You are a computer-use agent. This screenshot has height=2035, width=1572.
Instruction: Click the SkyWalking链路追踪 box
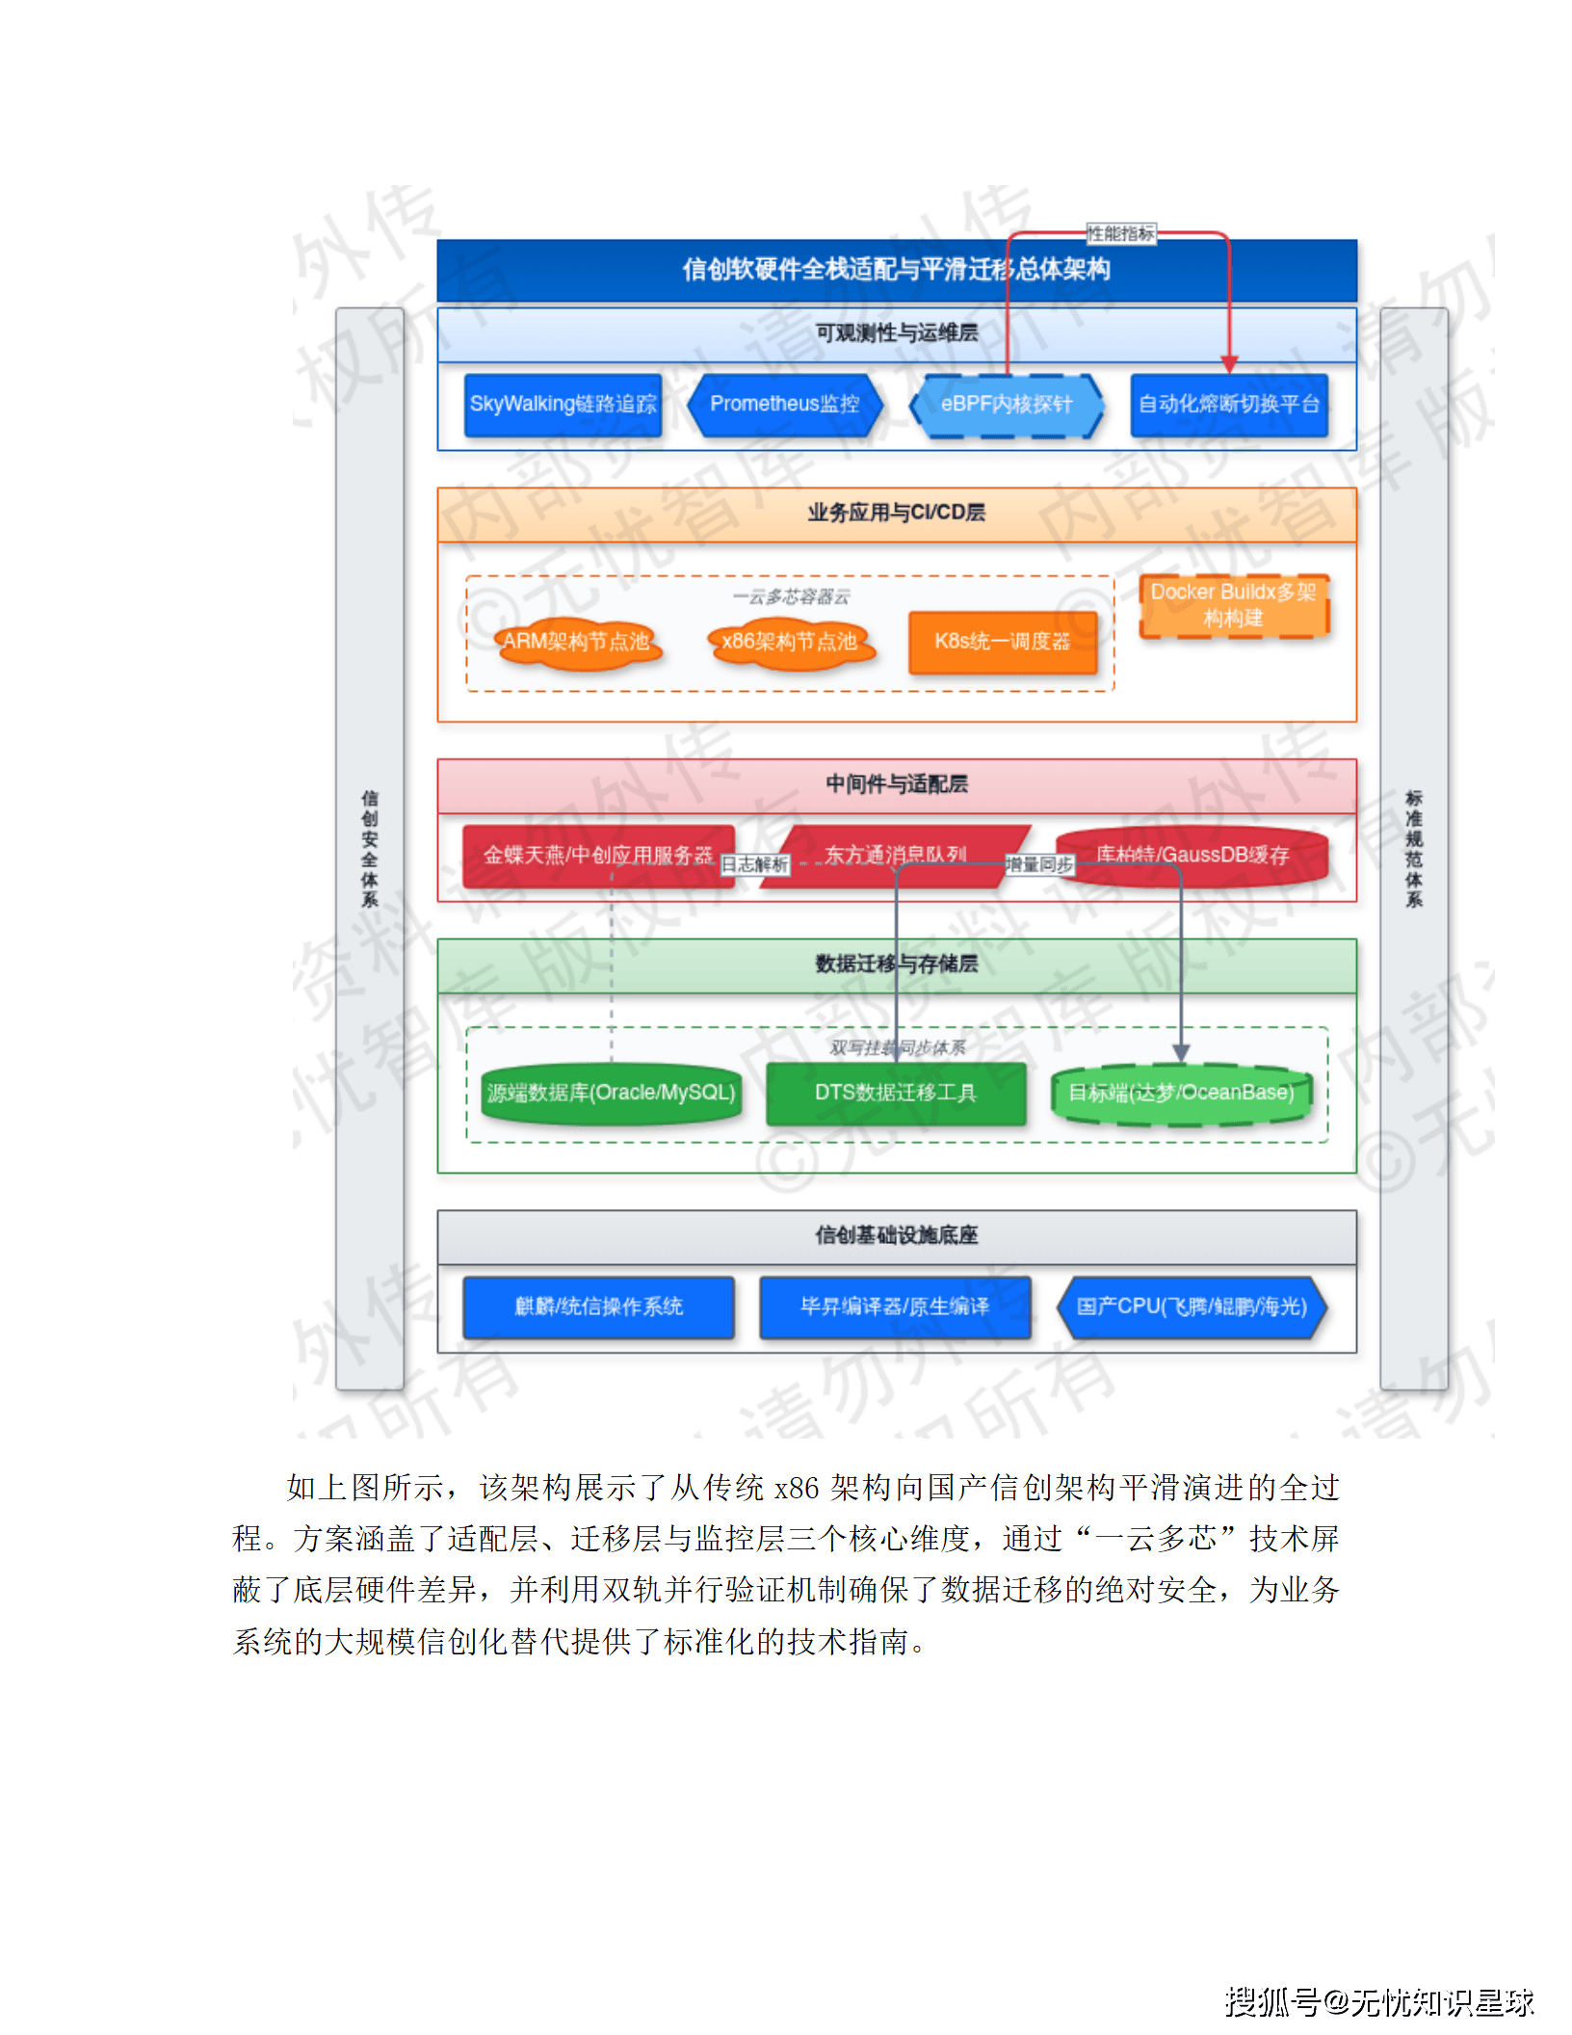coord(563,405)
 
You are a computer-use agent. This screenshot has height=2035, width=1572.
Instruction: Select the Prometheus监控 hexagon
coord(784,405)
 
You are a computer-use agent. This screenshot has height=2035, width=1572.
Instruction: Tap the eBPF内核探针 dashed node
coord(1006,405)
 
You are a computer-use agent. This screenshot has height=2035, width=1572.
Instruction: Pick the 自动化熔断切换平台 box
coord(1228,405)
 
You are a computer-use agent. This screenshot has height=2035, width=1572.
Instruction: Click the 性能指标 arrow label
coord(1120,233)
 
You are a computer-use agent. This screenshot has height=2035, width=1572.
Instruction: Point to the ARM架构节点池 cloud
coord(577,642)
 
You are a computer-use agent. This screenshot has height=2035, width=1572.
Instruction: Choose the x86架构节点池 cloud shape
coord(790,642)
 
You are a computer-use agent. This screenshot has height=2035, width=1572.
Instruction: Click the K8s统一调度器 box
coord(1002,642)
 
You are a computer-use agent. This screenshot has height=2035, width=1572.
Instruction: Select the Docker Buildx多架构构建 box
coord(1233,605)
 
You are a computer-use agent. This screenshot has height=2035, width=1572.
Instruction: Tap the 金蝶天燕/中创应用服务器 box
coord(597,856)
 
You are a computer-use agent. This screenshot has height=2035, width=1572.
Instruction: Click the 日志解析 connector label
coord(755,865)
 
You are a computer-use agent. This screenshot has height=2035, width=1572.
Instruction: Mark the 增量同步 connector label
coord(1038,865)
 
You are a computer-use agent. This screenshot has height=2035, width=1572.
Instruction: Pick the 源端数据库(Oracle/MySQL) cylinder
coord(611,1093)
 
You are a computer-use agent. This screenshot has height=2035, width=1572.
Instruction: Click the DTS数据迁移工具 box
coord(895,1093)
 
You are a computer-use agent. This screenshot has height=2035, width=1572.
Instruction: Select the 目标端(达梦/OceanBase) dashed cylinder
coord(1181,1093)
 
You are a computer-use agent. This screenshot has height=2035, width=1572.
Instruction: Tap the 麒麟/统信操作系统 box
coord(598,1307)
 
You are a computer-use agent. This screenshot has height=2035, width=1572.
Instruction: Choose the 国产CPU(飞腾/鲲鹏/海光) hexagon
coord(1192,1307)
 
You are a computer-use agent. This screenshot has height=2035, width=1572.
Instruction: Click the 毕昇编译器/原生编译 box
coord(895,1307)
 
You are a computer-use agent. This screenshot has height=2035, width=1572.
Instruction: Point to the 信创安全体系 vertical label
coord(370,848)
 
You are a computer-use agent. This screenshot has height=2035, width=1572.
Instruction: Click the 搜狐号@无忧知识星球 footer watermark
coord(1378,2001)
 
